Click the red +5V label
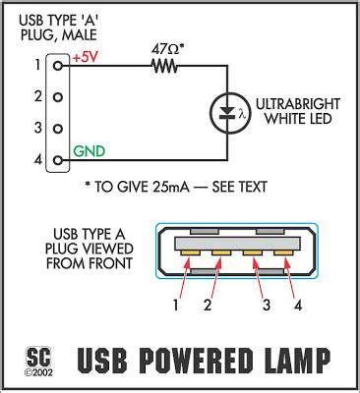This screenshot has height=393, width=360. click(86, 59)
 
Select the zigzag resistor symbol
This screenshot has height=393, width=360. click(166, 68)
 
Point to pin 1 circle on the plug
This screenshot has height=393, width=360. click(57, 64)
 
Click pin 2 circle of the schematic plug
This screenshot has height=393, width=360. click(57, 96)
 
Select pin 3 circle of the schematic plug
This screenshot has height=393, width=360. click(57, 128)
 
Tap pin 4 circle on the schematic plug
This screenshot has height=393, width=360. click(57, 159)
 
